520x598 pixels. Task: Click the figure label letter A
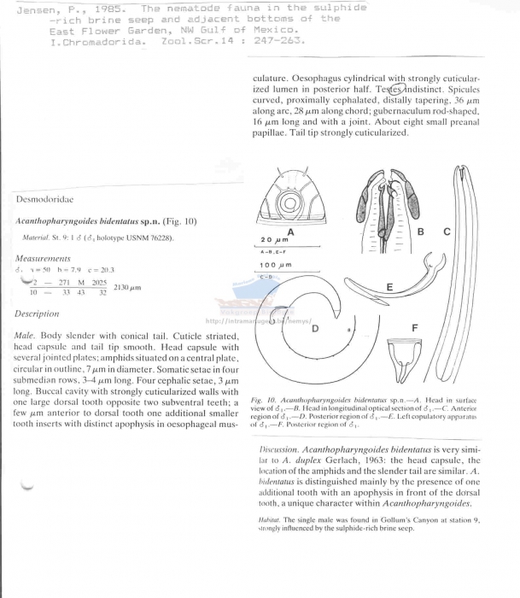[x=290, y=232]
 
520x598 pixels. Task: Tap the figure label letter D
[x=314, y=328]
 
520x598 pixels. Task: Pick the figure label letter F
[x=415, y=327]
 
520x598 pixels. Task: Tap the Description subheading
[x=37, y=314]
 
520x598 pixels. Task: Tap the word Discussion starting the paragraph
[x=279, y=448]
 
